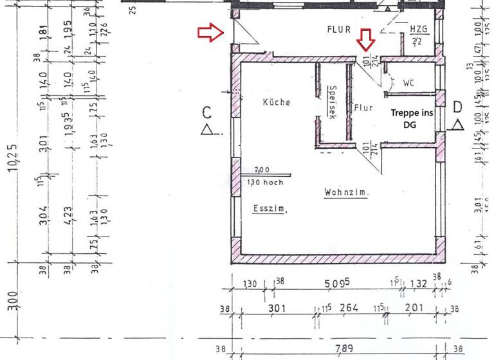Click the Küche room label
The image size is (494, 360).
(277, 102)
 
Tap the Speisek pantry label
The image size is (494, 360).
(333, 103)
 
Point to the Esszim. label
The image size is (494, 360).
(270, 208)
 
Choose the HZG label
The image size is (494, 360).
(417, 30)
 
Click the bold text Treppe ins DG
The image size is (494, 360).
(412, 118)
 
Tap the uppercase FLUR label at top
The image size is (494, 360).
(338, 29)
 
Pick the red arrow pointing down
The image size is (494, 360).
(366, 40)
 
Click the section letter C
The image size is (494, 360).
(206, 113)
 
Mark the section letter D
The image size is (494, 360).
(458, 107)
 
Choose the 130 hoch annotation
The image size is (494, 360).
(265, 182)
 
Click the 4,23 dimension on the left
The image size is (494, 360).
(68, 212)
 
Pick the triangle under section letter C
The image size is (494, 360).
(206, 130)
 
